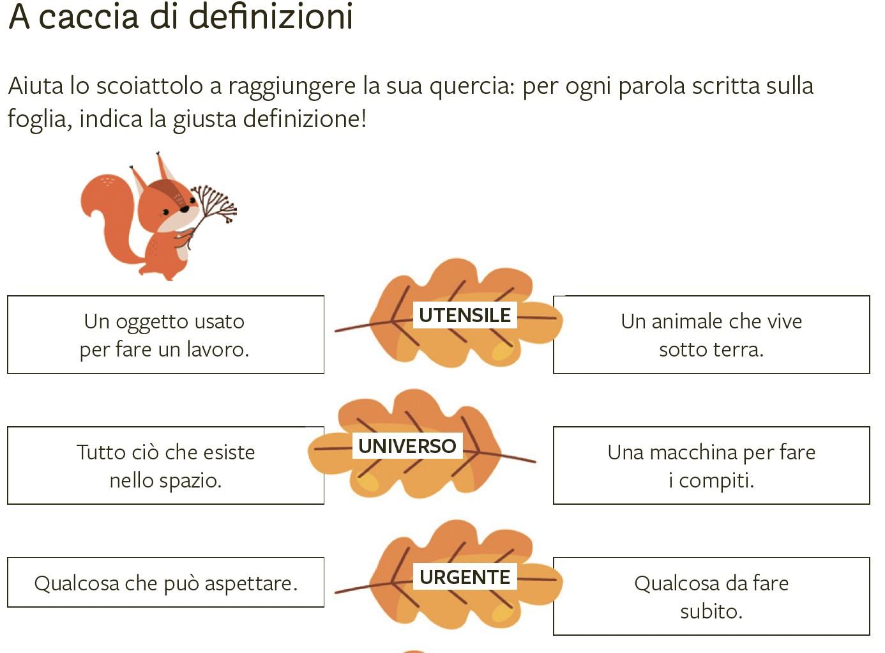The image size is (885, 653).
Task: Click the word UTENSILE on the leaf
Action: tap(464, 315)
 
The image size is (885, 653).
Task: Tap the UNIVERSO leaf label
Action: tap(407, 446)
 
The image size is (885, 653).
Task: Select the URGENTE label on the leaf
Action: tap(464, 577)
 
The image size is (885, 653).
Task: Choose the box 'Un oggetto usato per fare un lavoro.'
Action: tap(165, 334)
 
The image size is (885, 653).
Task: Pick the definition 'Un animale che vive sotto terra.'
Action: tap(711, 334)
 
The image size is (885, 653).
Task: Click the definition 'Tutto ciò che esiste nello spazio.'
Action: tap(165, 465)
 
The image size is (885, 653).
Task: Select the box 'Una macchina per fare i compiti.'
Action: tap(711, 465)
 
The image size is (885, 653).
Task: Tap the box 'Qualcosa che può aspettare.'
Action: tap(165, 582)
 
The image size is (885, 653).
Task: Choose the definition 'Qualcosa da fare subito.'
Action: tap(711, 596)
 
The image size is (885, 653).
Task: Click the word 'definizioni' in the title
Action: tap(271, 17)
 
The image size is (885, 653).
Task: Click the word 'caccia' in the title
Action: tap(89, 17)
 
